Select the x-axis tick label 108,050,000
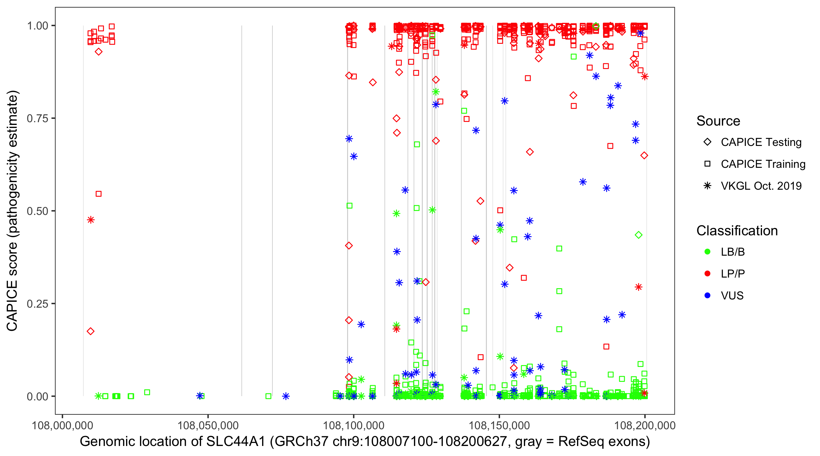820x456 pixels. point(208,425)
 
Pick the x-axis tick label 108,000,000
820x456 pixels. point(62,425)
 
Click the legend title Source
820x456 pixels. point(718,121)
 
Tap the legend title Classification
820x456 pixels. point(737,231)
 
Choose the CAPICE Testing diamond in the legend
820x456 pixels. point(707,142)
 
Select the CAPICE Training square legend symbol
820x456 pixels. point(707,164)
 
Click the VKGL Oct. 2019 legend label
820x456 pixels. point(761,186)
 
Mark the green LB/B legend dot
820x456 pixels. point(707,252)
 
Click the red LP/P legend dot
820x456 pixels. point(707,274)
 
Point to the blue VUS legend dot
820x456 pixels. point(707,296)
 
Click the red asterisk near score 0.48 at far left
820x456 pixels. point(91,220)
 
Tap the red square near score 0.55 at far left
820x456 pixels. point(99,194)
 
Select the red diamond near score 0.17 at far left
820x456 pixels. point(91,331)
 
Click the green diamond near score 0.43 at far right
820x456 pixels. point(638,235)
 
